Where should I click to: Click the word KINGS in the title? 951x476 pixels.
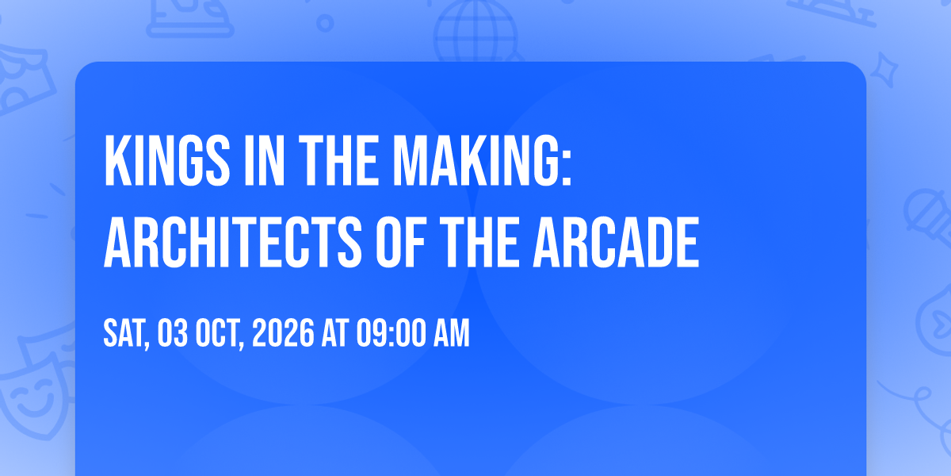point(167,160)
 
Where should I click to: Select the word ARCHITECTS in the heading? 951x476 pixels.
point(233,242)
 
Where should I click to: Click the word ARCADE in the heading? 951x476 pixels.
point(616,242)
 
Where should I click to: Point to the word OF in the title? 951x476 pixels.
point(401,242)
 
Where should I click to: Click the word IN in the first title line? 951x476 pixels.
point(264,160)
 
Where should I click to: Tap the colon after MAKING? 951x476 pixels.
point(567,169)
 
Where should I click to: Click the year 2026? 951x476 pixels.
point(283,334)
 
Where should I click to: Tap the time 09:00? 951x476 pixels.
point(391,334)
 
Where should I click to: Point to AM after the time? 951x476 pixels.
point(451,334)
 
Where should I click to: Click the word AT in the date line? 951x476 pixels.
point(335,334)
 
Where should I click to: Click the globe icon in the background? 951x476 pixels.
point(475,31)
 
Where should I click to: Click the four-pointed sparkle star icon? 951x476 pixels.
point(884,70)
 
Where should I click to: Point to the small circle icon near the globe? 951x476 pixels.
point(325,23)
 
